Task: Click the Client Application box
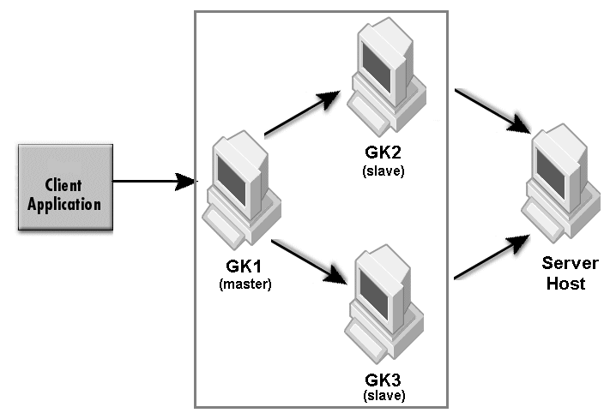(65, 186)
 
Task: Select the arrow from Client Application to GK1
(154, 182)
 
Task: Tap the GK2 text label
(383, 155)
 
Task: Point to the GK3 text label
(383, 380)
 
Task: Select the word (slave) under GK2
(383, 171)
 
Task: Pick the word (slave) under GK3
(383, 396)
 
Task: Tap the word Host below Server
(565, 283)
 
